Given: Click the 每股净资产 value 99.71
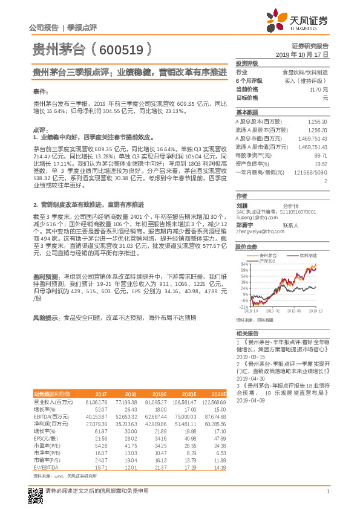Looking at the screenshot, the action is pos(321,155).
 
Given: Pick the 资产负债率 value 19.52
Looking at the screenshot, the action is pos(321,164).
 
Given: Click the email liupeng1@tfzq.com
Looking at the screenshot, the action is pos(256,215).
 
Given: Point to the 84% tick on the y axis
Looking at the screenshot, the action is pos(244,264).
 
